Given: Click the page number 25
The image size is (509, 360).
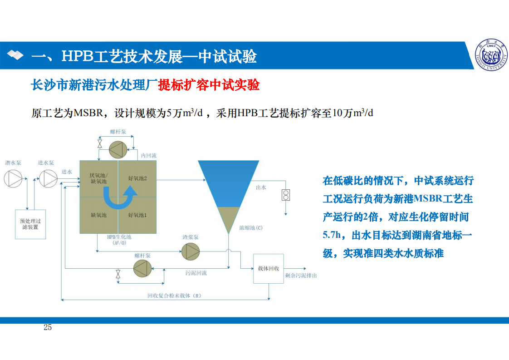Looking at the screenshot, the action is coord(47,327).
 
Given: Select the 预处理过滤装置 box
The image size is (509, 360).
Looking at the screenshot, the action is coord(30,224).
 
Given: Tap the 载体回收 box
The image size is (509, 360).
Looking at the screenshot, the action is coord(269,269).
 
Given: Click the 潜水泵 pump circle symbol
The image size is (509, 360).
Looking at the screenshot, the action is coord(13,178).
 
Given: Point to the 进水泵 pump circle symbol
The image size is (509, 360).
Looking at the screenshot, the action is coord(48,178).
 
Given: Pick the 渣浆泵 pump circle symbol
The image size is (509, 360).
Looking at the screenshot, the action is coord(190,252).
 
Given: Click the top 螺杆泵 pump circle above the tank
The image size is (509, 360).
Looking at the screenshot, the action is coord(118,150).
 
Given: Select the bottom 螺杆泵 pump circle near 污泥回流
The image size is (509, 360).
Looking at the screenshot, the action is coord(142,268).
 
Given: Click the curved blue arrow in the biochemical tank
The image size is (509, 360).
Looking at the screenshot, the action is coord(119,198).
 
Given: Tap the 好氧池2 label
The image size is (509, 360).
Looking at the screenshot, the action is coord(137,178).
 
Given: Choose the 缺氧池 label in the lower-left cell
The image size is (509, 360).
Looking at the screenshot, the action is coord(99,215).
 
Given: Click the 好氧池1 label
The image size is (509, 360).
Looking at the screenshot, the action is coord(137,215).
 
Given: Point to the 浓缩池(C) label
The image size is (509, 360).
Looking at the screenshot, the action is coord(250,228).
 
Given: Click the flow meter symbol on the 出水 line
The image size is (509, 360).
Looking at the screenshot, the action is coord(286,195).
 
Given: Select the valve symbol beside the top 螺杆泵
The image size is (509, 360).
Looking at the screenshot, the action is coord(100,144).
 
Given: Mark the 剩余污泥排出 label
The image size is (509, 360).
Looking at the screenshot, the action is coord(301,276).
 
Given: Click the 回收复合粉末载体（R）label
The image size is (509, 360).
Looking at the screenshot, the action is coord(174,296).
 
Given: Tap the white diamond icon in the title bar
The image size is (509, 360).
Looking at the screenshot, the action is coord(15,55).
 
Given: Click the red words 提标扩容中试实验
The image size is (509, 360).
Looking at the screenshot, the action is coord(209,85).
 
